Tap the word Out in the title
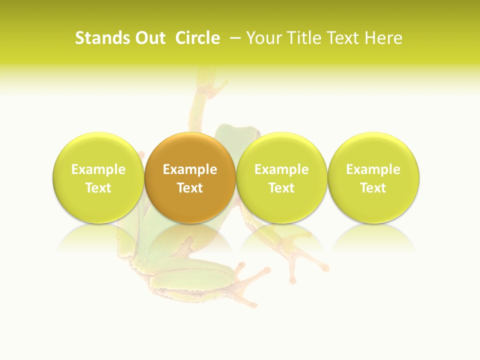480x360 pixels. pos(149,38)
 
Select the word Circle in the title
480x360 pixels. pos(197,38)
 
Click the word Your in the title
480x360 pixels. pos(263,38)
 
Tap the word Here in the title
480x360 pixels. pos(383,38)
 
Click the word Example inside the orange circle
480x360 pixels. pos(189,170)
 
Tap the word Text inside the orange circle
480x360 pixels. pos(189,188)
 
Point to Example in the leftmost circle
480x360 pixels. pos(98,170)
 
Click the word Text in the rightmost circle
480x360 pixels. pos(373,188)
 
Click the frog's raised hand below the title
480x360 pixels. pos(210,82)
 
